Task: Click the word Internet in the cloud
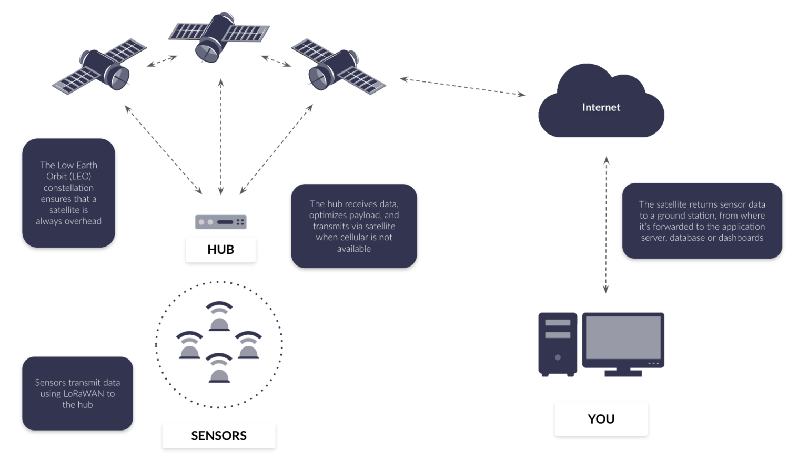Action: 601,107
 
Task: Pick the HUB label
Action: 220,249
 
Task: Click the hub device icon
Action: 220,222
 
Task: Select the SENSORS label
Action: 218,435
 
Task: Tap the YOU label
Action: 601,419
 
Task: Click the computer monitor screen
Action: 623,337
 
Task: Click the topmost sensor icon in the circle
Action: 219,317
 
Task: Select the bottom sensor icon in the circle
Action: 219,368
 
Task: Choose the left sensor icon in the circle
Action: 189,345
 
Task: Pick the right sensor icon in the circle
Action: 248,345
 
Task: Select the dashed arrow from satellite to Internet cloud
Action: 462,87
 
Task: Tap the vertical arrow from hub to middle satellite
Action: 221,137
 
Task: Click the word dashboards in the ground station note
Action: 741,238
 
